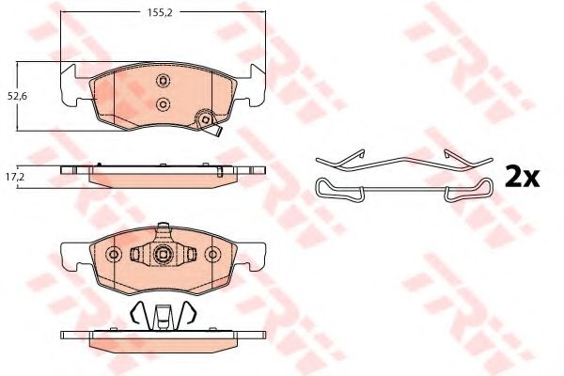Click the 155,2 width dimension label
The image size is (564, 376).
point(160,12)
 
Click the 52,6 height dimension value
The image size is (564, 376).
point(18,97)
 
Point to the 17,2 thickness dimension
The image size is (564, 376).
point(18,177)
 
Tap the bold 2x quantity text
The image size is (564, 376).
point(522,177)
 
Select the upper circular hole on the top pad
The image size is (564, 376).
point(163,80)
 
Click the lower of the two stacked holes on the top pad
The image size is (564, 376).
point(164,104)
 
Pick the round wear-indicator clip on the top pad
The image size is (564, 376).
point(205,118)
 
